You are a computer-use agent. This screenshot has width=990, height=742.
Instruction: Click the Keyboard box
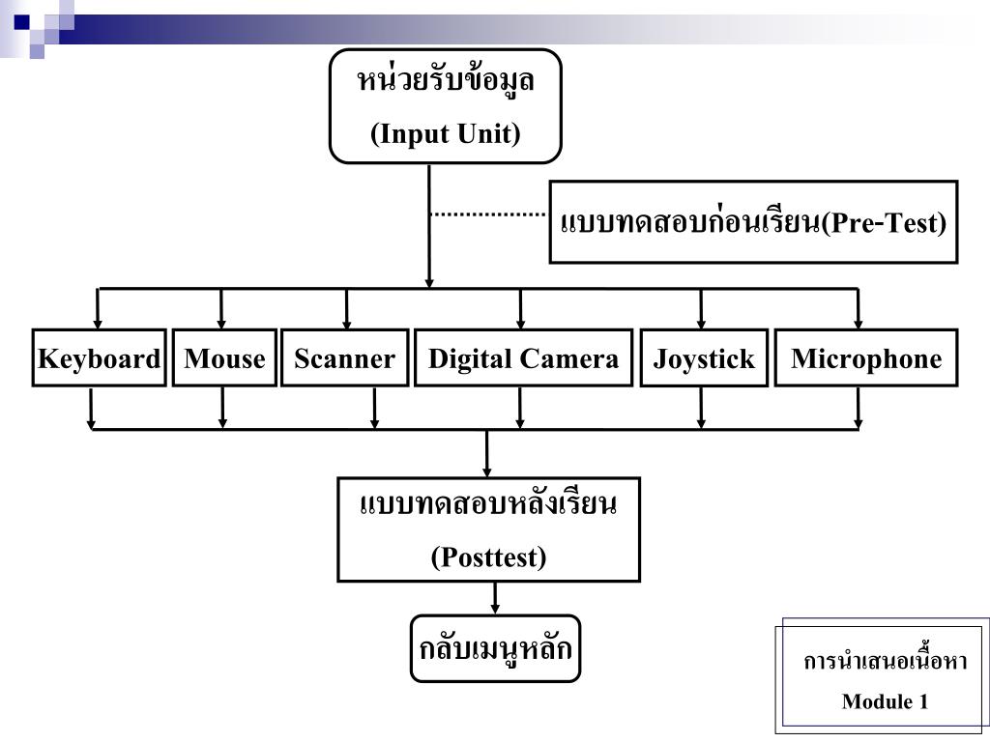(99, 358)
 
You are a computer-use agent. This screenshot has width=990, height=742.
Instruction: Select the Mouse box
(224, 358)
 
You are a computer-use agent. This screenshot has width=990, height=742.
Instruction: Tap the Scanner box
(344, 358)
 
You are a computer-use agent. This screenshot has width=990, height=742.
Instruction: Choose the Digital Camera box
(523, 358)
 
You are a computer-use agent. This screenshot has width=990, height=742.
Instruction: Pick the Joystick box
(704, 359)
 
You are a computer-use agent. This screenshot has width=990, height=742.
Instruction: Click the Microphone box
(865, 358)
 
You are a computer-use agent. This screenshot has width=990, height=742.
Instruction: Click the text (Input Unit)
(446, 133)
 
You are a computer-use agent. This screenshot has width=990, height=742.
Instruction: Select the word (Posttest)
(488, 557)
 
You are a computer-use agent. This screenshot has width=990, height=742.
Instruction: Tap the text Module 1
(885, 701)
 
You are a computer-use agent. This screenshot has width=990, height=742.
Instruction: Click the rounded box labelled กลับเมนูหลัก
(495, 648)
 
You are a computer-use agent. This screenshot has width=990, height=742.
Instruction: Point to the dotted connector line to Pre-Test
(488, 214)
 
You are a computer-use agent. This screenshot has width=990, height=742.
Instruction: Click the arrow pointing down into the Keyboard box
(97, 309)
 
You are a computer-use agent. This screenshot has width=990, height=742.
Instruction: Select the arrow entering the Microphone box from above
(858, 309)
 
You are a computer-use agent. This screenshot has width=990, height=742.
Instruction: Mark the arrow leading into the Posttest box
(486, 454)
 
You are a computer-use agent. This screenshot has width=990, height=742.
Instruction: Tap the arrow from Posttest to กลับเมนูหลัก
(495, 598)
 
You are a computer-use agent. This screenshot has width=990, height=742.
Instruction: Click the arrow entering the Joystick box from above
(702, 309)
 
